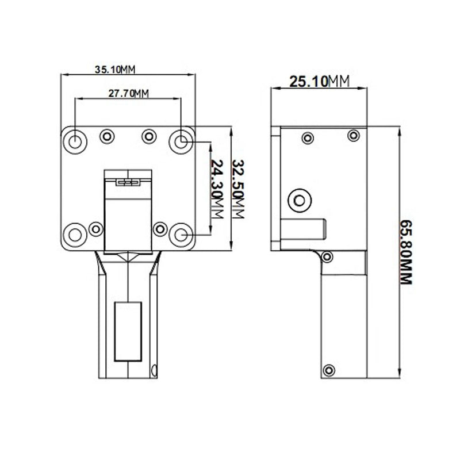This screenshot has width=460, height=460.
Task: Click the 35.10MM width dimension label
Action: (x=115, y=70)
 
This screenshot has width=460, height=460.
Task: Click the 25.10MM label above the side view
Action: (x=319, y=82)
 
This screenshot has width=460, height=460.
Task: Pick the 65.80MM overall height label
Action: (x=407, y=253)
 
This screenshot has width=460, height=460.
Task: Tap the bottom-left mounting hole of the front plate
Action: (x=75, y=234)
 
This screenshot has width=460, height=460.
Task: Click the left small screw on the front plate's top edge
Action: (x=107, y=136)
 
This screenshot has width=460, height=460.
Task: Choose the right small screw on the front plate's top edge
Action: (x=149, y=136)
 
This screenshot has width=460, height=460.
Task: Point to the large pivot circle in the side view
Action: (x=299, y=200)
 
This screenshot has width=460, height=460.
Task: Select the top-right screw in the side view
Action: (x=352, y=135)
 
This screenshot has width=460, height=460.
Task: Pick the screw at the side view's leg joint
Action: (x=328, y=256)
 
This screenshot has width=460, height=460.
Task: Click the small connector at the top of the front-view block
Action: (x=128, y=183)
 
